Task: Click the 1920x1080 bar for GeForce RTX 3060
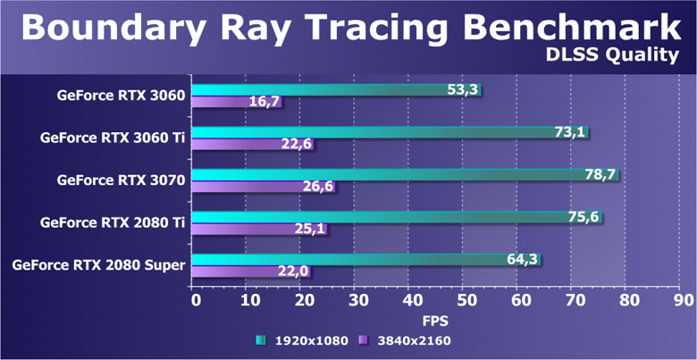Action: pos(336,90)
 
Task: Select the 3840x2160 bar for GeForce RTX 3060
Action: pos(236,102)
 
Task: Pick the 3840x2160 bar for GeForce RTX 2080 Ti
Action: pos(259,229)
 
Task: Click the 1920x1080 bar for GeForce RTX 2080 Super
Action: pos(365,260)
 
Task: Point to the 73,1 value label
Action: pos(569,132)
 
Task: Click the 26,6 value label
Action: pos(317,187)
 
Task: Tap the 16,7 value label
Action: pos(263,102)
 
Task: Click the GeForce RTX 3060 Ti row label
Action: pos(113,138)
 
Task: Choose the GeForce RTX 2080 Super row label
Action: pos(99,264)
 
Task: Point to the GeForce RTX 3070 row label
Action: pos(121,180)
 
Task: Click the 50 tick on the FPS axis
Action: pos(466,301)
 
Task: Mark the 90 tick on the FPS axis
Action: pos(684,301)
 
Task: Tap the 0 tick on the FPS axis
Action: pos(196,301)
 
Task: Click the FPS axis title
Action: pos(435,319)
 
